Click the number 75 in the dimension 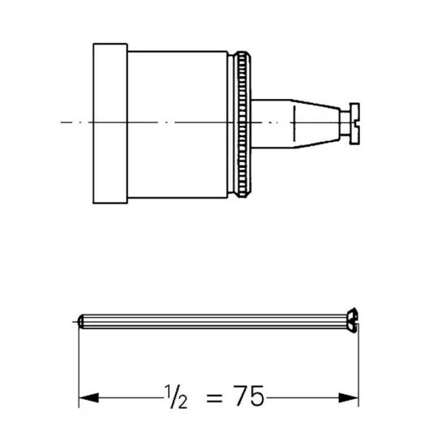pyautogui.click(x=249, y=396)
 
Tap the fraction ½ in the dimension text pyautogui.click(x=176, y=397)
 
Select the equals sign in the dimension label pyautogui.click(x=214, y=397)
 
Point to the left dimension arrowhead pyautogui.click(x=88, y=397)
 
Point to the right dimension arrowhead pyautogui.click(x=349, y=397)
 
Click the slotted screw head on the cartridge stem pyautogui.click(x=354, y=123)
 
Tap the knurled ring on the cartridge pyautogui.click(x=242, y=124)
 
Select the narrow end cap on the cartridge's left pyautogui.click(x=110, y=123)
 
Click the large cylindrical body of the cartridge pyautogui.click(x=178, y=124)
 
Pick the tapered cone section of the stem pyautogui.click(x=316, y=123)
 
